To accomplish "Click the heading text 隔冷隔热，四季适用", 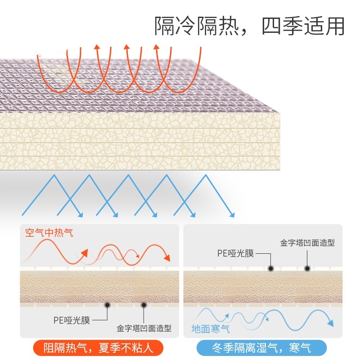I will click(x=249, y=26).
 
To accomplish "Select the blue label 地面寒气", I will click(x=211, y=329).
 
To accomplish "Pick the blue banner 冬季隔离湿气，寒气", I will click(x=261, y=347).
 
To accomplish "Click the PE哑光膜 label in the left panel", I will click(x=72, y=320).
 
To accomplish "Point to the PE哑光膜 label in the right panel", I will click(x=236, y=253).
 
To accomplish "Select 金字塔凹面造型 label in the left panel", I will click(x=144, y=328).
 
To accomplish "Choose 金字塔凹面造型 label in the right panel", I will click(x=307, y=243).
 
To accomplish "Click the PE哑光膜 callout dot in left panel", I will click(x=108, y=305).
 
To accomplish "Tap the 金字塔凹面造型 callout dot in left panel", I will click(x=144, y=305).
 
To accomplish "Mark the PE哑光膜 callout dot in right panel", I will click(x=271, y=268).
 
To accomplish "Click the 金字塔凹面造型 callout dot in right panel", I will click(x=307, y=268).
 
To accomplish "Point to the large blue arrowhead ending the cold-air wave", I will click(x=330, y=323).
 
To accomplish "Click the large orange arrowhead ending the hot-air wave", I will click(x=167, y=258).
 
